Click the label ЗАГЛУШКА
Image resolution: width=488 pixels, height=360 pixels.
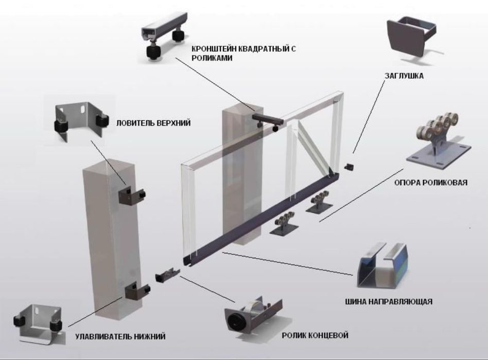pyautogui.click(x=404, y=76)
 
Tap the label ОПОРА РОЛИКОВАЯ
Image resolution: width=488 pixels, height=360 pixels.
pyautogui.click(x=431, y=183)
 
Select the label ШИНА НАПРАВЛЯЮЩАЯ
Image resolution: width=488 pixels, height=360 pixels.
pyautogui.click(x=389, y=301)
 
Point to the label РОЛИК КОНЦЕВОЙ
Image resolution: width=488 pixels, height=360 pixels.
pyautogui.click(x=315, y=335)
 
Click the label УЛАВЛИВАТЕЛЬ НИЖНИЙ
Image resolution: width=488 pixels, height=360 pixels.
pyautogui.click(x=120, y=336)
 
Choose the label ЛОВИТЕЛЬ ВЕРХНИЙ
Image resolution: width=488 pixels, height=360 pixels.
pyautogui.click(x=153, y=123)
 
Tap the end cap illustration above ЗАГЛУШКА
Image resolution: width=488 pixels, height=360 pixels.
pyautogui.click(x=410, y=40)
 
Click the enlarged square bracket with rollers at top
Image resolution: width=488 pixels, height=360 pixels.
pyautogui.click(x=164, y=36)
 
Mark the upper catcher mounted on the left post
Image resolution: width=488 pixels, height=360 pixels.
pyautogui.click(x=132, y=195)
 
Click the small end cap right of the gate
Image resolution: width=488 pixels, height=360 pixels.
pyautogui.click(x=349, y=166)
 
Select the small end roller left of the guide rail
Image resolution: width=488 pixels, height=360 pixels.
pyautogui.click(x=167, y=275)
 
